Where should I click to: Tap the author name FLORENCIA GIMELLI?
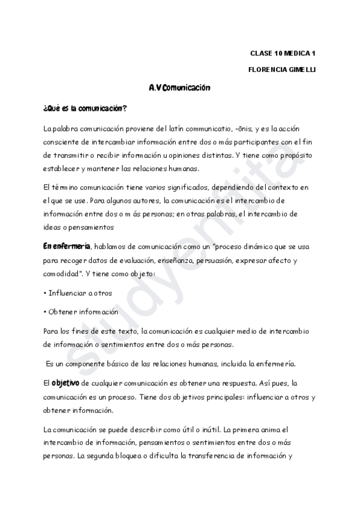[x=281, y=70]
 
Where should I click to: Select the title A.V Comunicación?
[x=179, y=88]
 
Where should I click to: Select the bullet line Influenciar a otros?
[x=79, y=293]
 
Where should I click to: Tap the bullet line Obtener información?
[x=82, y=312]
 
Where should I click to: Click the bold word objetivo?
[x=65, y=383]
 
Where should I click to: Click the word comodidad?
[x=62, y=274]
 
